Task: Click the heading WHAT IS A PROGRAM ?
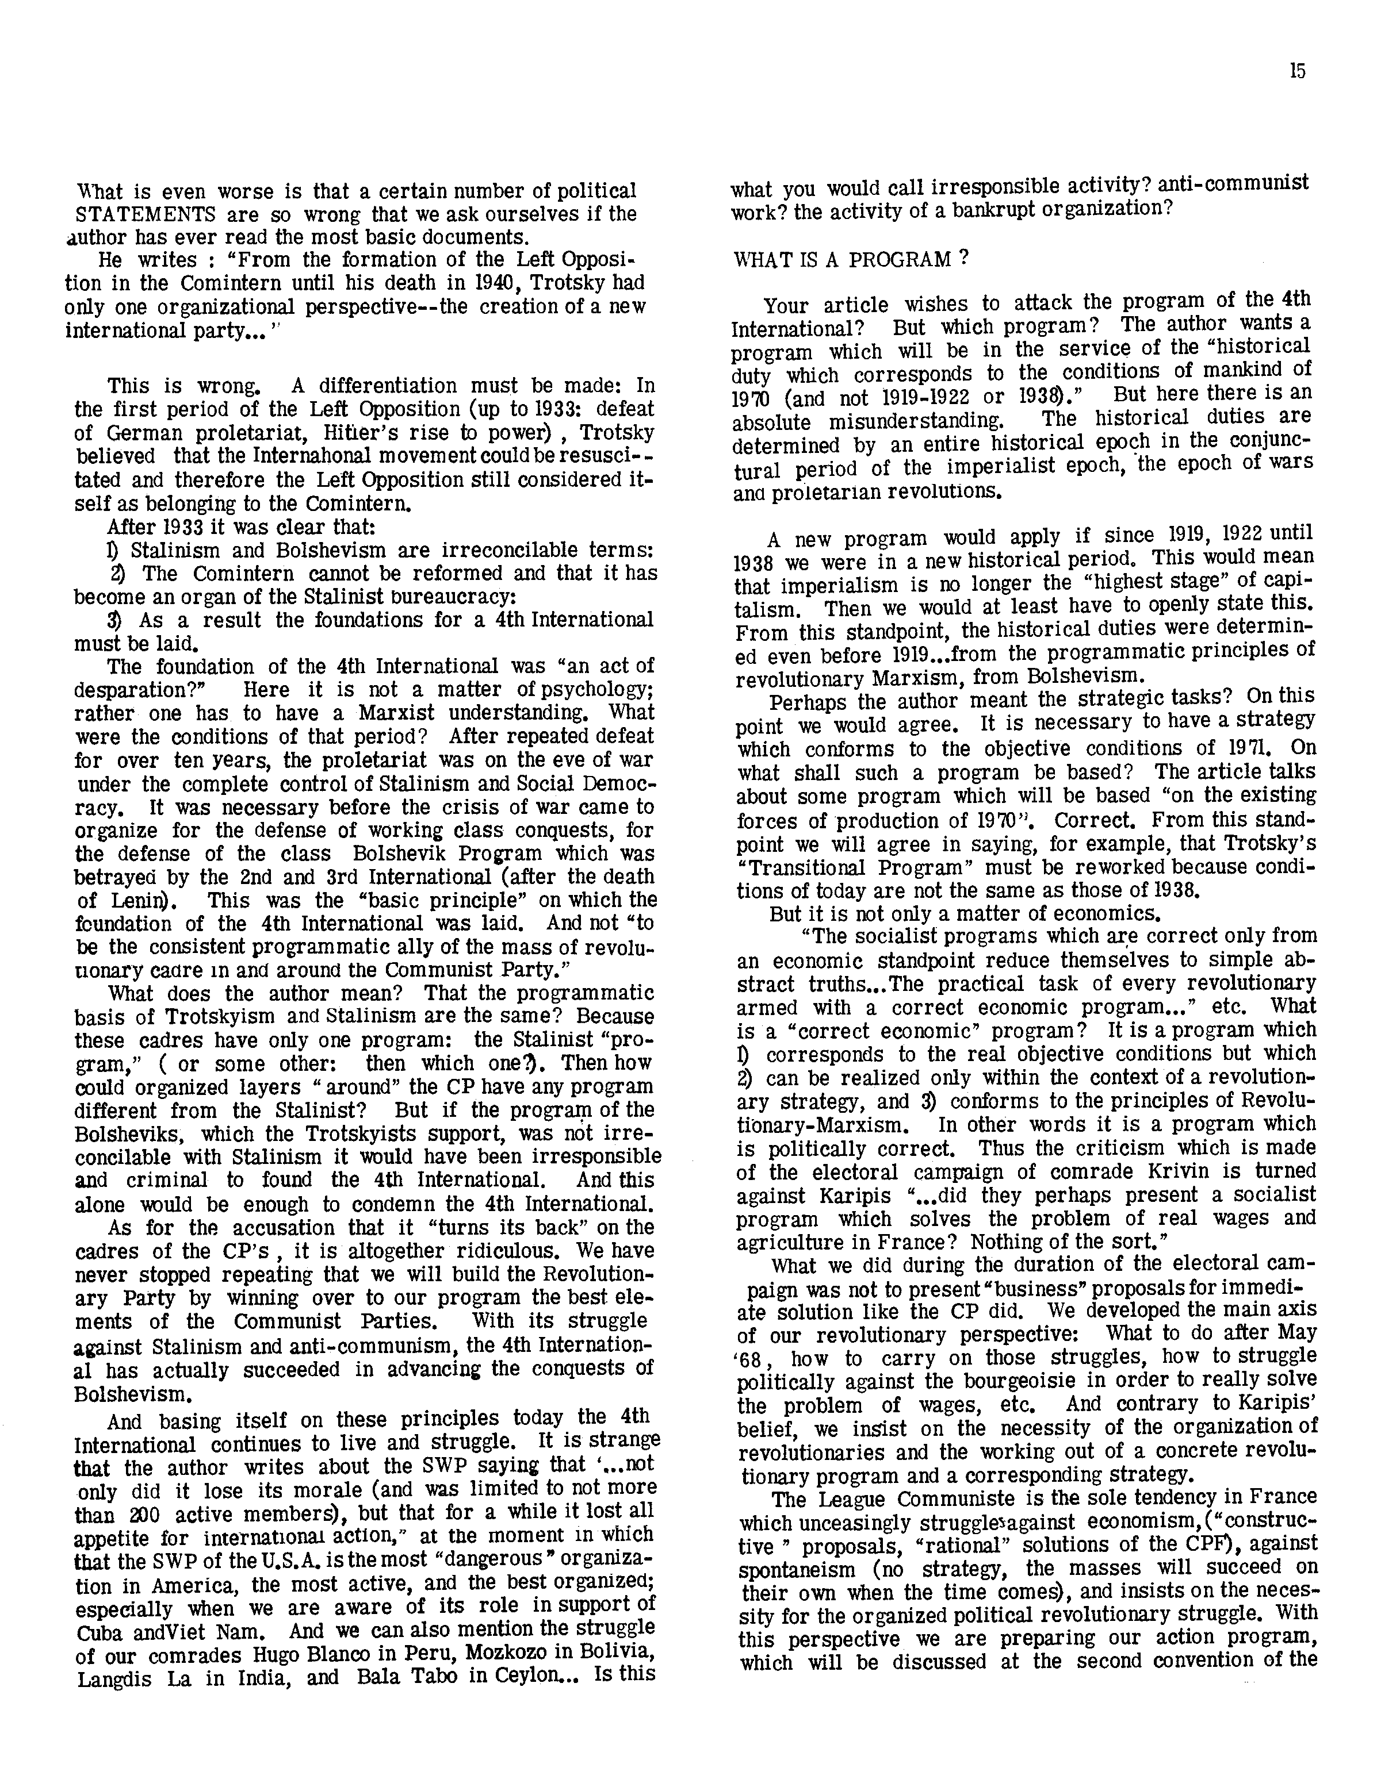[x=851, y=260]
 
